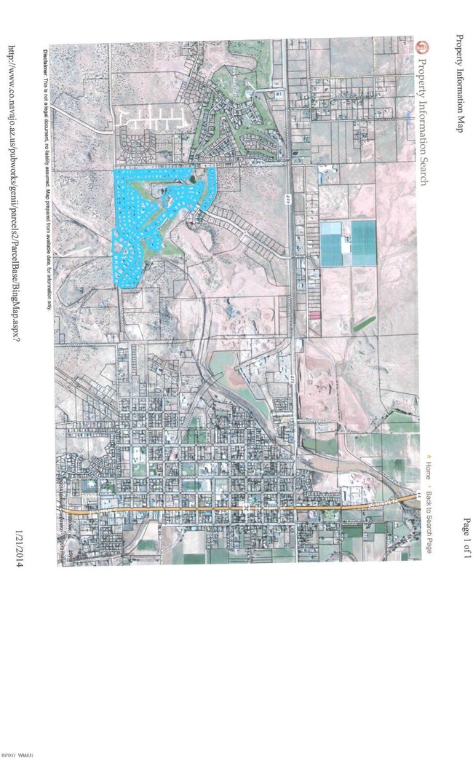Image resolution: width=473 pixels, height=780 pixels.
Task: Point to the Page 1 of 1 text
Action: tap(466, 536)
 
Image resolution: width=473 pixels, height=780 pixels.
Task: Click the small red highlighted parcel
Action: tap(315, 315)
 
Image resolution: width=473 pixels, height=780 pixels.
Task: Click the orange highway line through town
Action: tap(240, 508)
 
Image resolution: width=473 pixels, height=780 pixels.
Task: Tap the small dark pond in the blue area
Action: tap(190, 178)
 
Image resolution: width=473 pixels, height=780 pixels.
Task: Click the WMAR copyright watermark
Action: tap(15, 774)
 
